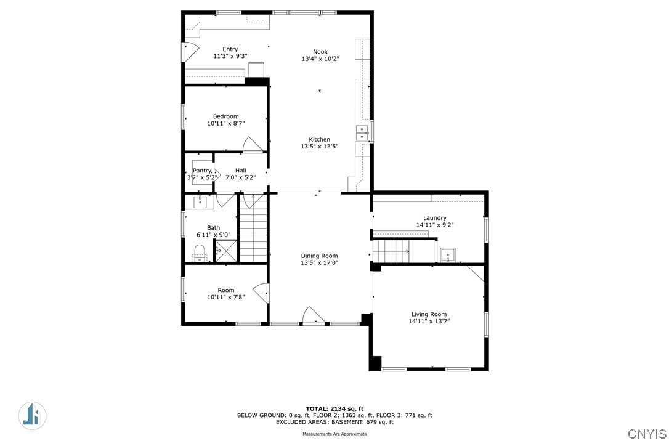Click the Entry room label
230,49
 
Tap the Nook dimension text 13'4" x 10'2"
320,59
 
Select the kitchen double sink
362,132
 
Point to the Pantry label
202,171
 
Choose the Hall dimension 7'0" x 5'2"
241,177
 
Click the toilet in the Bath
200,252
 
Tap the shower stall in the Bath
225,251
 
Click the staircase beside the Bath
253,227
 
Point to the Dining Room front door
314,315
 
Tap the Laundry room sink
448,255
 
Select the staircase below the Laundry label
391,251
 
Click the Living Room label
429,314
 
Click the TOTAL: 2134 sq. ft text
334,409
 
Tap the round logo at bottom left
33,416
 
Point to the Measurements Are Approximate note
334,434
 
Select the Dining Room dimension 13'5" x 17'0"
320,263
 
